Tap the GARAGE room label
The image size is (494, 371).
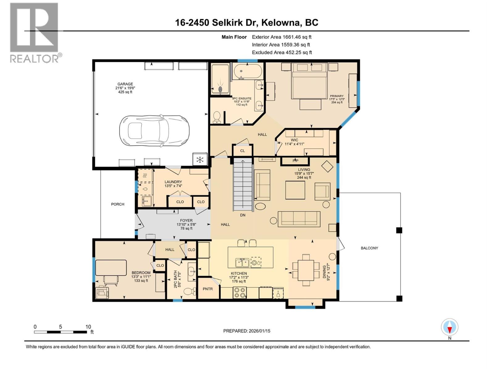tap(125, 84)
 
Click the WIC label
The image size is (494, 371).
tap(294, 140)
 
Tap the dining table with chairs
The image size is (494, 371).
tap(306, 270)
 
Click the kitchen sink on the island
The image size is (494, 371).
tap(242, 262)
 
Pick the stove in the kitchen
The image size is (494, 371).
tap(240, 292)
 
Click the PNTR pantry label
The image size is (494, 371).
tap(208, 289)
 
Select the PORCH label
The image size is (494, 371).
tap(118, 204)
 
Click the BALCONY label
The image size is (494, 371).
tap(369, 248)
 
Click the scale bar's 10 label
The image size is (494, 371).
tap(88, 327)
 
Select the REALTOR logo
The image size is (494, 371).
tap(35, 32)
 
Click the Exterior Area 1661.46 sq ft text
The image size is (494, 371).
tap(282, 37)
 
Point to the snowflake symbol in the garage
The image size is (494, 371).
tap(200, 160)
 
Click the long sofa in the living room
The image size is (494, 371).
tap(299, 219)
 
